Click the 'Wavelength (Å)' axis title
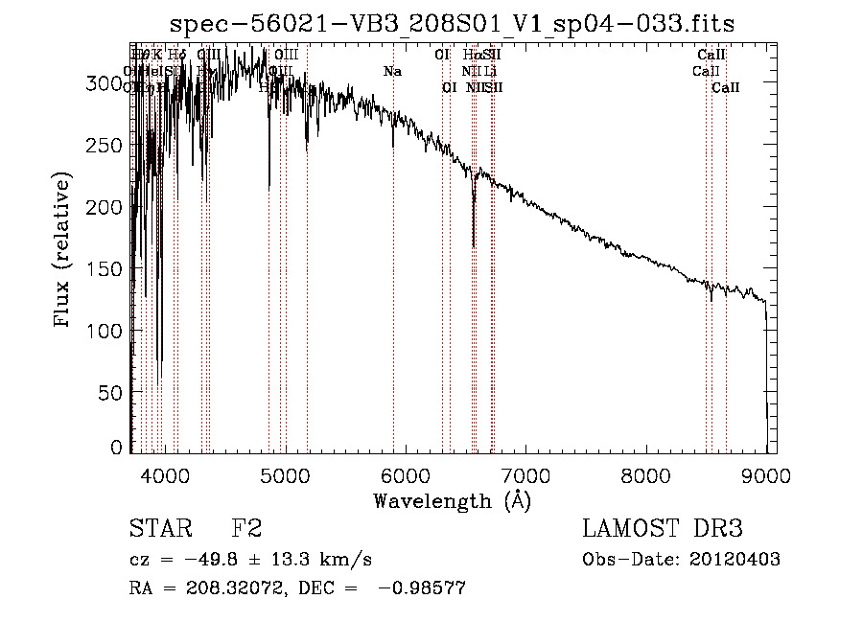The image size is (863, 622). tap(452, 500)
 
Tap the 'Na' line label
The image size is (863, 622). tap(392, 72)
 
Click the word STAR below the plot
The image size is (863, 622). tap(160, 529)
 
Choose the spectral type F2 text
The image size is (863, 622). tap(246, 529)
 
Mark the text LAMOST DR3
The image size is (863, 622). tap(662, 529)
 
